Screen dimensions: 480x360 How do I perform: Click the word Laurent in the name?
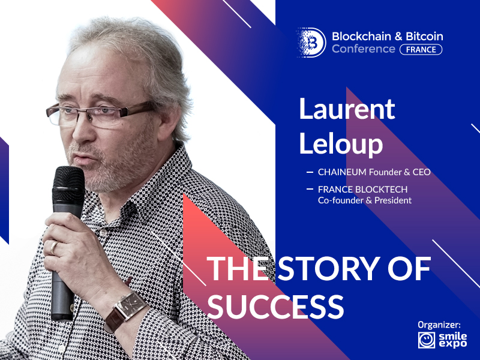click(x=347, y=109)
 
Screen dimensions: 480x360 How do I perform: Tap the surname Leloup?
click(x=341, y=144)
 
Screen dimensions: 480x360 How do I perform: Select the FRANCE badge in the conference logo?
click(x=421, y=50)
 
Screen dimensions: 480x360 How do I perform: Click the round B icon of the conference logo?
click(x=311, y=43)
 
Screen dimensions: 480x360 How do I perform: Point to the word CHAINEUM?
click(x=342, y=172)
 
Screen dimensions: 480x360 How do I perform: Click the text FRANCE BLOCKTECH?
click(x=363, y=190)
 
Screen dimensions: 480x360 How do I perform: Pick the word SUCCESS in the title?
click(x=275, y=307)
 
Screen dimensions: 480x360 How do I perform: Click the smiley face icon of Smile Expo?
click(x=427, y=340)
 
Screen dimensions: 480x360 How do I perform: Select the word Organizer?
click(x=439, y=325)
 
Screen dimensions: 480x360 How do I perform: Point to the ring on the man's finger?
click(x=53, y=247)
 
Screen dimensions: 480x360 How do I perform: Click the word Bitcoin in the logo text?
click(x=425, y=37)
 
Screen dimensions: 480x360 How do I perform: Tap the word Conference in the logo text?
click(x=364, y=49)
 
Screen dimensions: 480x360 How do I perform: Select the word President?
click(x=393, y=200)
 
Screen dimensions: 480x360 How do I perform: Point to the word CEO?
click(x=422, y=172)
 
